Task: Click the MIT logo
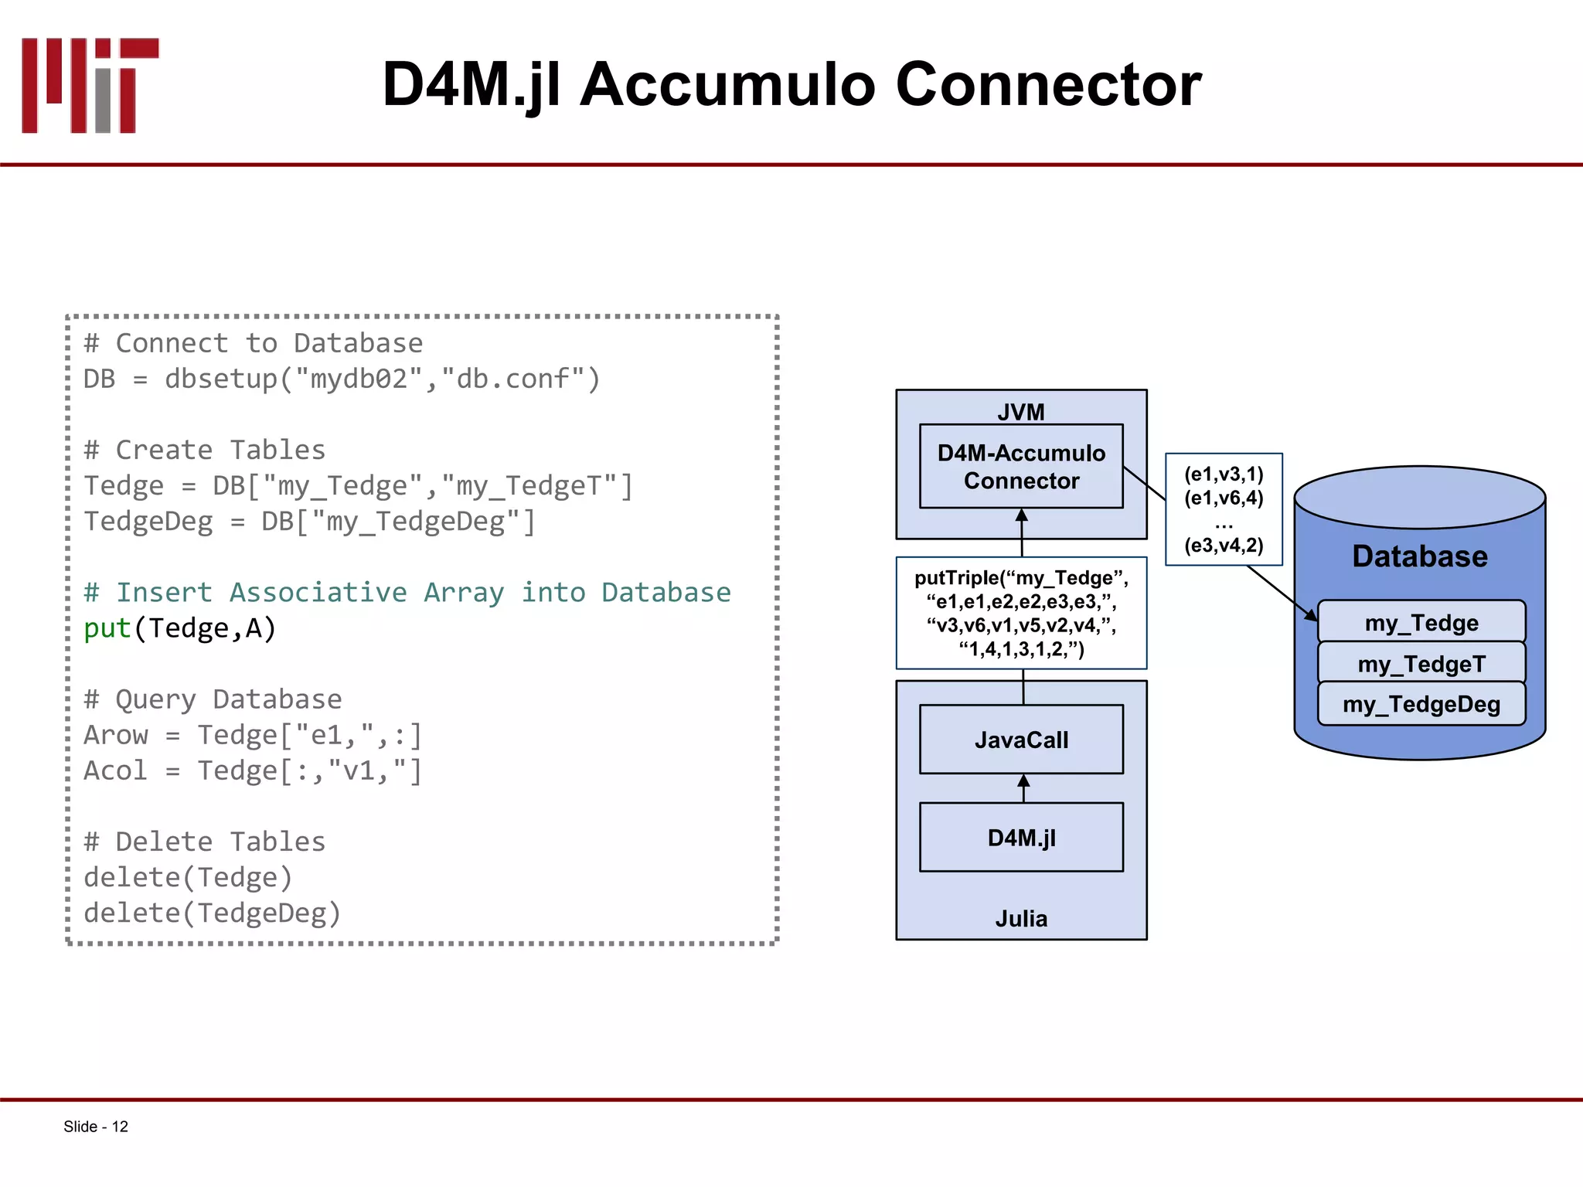tap(90, 85)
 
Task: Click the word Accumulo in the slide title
tap(727, 84)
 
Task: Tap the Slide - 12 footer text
tap(96, 1127)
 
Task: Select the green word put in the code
tap(107, 628)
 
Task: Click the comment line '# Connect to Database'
tap(254, 343)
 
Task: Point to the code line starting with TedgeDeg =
tap(309, 522)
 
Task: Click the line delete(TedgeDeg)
tap(212, 913)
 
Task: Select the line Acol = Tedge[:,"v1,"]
tap(254, 771)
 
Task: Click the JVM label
tap(1020, 412)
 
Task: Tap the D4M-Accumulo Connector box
tap(1021, 467)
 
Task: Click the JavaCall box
tap(1021, 740)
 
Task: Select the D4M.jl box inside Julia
tap(1021, 838)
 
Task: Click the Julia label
tap(1021, 919)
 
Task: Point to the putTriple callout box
tap(1021, 613)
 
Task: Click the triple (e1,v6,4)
tap(1224, 498)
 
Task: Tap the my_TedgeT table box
tap(1421, 664)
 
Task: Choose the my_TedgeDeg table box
tap(1421, 705)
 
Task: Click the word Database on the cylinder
tap(1420, 556)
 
